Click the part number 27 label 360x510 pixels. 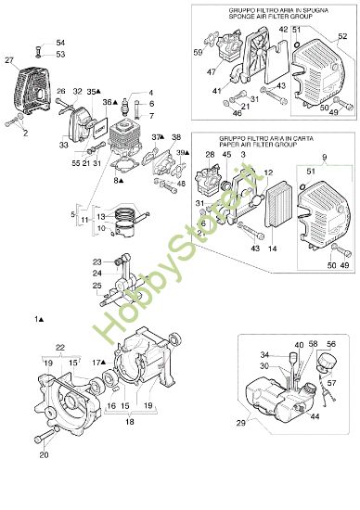(10, 60)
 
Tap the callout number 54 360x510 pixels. (60, 43)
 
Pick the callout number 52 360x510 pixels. (342, 36)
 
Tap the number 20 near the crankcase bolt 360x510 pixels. (44, 454)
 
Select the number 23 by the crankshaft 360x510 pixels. (96, 262)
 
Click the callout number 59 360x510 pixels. (198, 52)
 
